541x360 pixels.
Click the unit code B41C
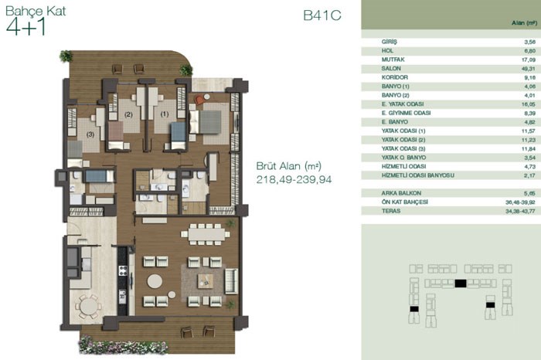(322, 15)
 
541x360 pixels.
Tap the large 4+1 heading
(26, 27)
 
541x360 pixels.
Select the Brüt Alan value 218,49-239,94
(294, 179)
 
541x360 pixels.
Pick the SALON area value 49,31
(528, 69)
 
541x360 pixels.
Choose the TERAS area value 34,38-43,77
(520, 211)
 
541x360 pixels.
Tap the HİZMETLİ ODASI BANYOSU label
(418, 175)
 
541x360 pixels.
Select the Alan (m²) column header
(524, 23)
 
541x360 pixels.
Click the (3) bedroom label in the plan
(90, 135)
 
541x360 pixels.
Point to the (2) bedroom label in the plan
(128, 114)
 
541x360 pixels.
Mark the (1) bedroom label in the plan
(164, 114)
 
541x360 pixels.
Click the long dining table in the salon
(206, 235)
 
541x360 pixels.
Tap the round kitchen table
(89, 306)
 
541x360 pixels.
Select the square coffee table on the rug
(206, 281)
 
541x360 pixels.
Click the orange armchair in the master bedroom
(199, 100)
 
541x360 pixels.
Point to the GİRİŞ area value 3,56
(529, 42)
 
